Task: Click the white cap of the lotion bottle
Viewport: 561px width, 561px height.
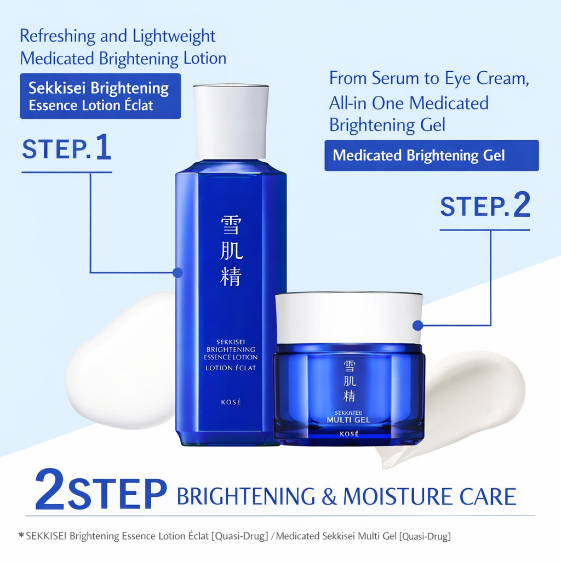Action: click(231, 122)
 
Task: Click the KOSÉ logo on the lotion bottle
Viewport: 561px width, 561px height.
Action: click(231, 402)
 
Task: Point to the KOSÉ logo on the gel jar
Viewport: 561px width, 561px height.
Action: click(349, 434)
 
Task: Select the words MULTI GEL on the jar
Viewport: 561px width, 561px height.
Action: click(348, 420)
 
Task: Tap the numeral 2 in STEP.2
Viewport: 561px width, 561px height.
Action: click(522, 205)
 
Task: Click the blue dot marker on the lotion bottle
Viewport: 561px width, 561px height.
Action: click(178, 273)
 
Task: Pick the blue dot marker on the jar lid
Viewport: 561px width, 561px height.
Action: click(417, 325)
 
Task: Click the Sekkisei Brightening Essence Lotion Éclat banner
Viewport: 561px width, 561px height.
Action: click(101, 96)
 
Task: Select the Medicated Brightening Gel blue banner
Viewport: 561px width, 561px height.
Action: click(432, 155)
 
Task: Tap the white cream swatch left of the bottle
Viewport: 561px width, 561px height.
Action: click(120, 359)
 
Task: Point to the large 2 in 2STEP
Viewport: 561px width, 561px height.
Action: click(50, 490)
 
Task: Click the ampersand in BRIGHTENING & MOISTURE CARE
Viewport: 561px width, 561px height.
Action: click(329, 496)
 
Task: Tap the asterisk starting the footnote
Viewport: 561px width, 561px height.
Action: click(21, 535)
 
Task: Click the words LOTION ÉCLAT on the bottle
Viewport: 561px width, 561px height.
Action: click(231, 368)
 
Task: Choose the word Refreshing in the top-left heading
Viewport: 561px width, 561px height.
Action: click(58, 36)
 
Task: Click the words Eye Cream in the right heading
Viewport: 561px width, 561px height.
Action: click(487, 79)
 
